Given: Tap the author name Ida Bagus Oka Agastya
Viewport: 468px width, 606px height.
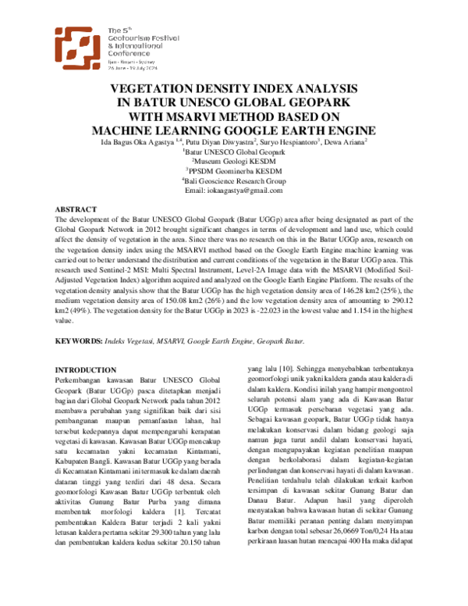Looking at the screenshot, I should pos(136,141).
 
